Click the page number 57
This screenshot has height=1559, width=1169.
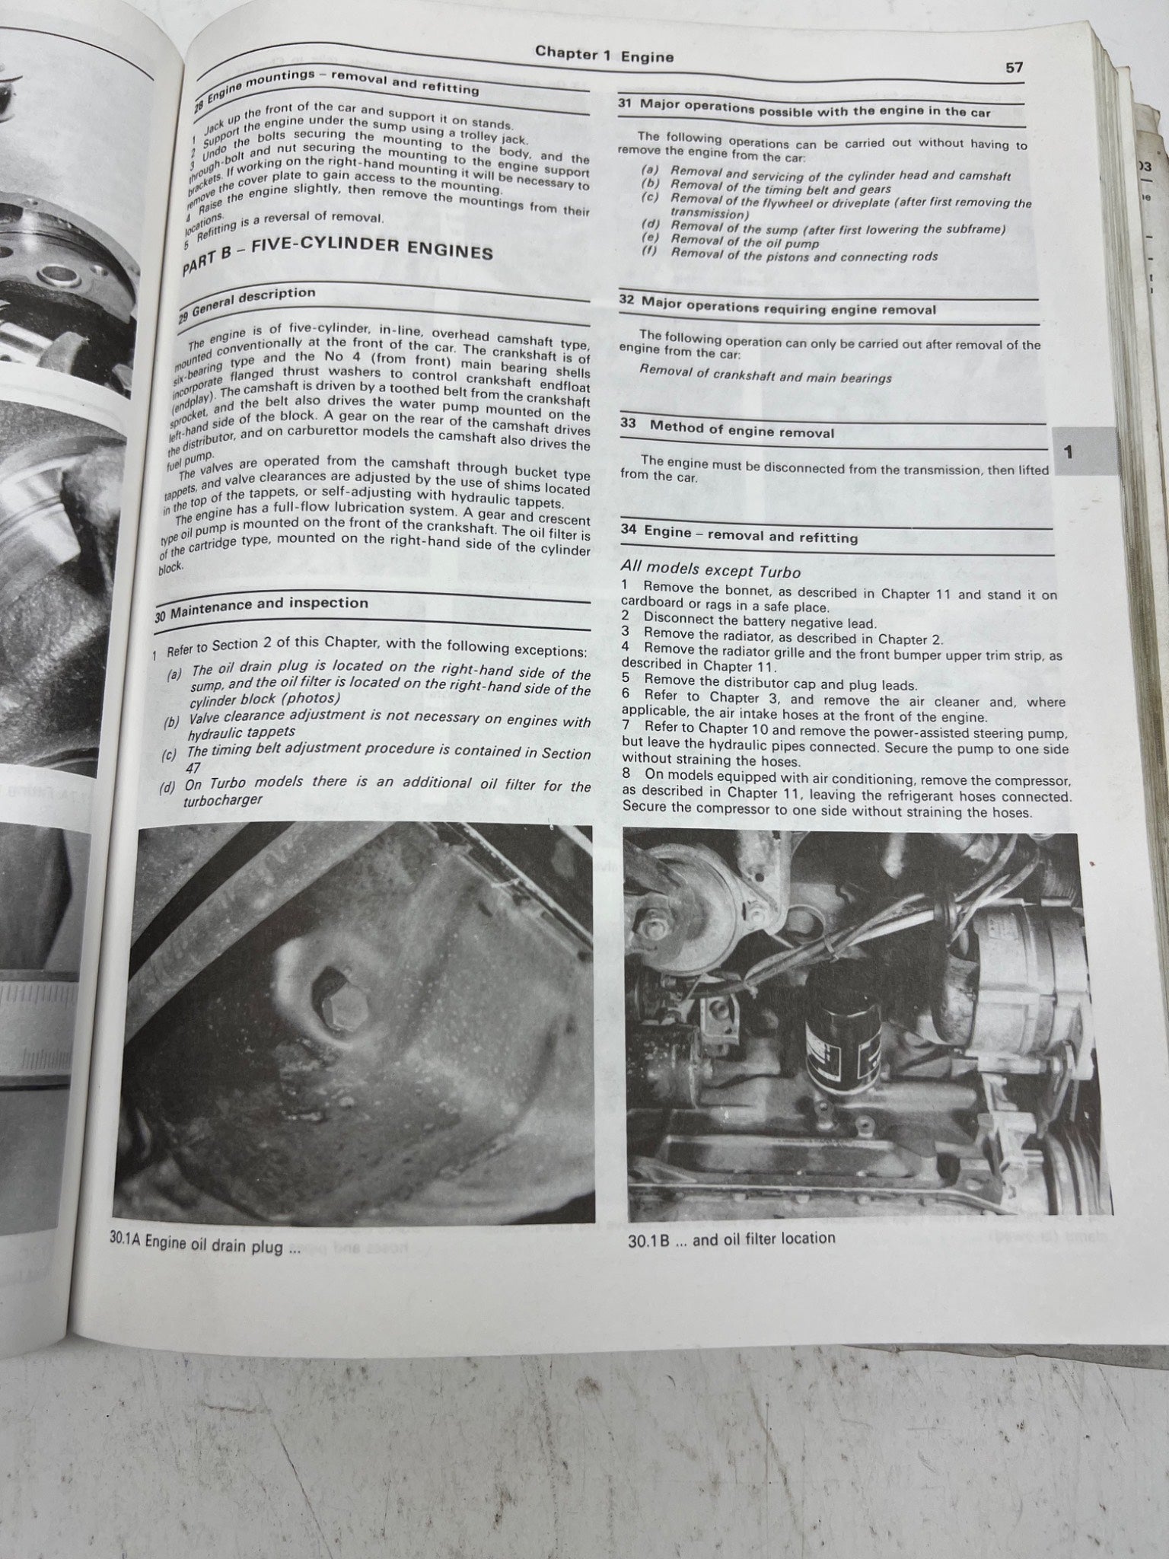(1014, 68)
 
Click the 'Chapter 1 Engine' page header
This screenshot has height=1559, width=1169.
(604, 54)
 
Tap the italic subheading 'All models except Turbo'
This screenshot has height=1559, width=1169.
(710, 571)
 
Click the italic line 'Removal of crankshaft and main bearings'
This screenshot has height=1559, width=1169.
(765, 375)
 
